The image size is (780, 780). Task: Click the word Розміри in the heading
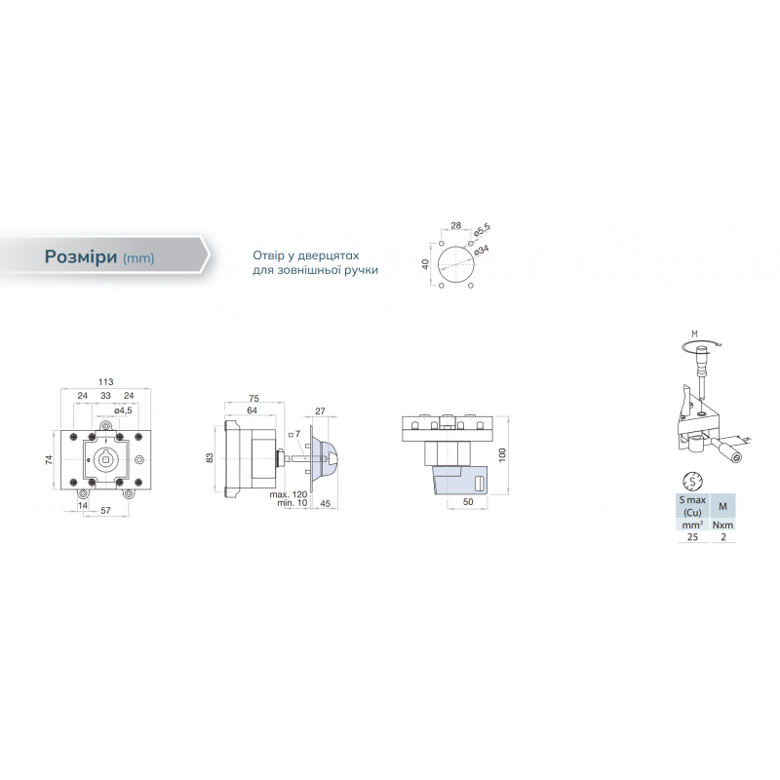coord(81,256)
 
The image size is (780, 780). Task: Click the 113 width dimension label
coord(105,382)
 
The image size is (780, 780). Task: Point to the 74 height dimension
coord(49,460)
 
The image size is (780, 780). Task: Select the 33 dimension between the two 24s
coord(105,396)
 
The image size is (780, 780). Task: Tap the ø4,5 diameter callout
coord(123,410)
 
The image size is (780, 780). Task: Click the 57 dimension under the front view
coord(105,510)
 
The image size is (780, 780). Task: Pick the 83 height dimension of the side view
coord(210,457)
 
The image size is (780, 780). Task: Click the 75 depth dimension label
coord(253,398)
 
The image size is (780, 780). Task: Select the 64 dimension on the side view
coord(253,410)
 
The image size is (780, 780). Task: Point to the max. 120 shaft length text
coord(289,495)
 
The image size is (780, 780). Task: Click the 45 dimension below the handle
coord(325,503)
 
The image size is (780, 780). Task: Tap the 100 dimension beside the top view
coord(502,454)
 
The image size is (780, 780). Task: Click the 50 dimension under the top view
coord(468,502)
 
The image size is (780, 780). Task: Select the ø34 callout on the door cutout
coord(482,250)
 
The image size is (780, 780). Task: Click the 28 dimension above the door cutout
coord(455,225)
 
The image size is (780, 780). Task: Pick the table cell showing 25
coord(692,537)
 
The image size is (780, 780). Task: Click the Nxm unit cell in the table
coord(722,525)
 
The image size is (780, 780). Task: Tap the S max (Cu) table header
coord(692,506)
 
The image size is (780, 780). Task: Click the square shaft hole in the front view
coord(105,460)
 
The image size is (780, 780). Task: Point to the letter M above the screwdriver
coord(694,333)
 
